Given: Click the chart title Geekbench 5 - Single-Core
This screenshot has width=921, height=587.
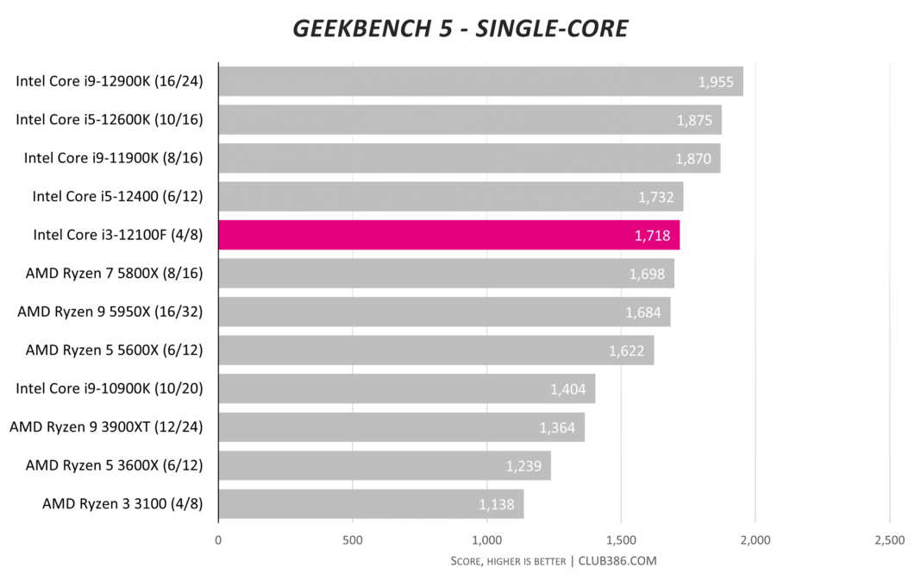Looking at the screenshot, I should click(460, 28).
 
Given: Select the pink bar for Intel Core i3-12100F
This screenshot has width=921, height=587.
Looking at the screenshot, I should click(448, 235).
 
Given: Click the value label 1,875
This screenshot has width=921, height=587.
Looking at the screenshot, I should click(694, 120).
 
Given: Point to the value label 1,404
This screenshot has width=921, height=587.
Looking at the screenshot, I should click(568, 389).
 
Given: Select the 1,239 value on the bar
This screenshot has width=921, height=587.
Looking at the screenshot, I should click(524, 466).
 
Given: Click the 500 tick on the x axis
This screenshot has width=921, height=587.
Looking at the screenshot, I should click(352, 540).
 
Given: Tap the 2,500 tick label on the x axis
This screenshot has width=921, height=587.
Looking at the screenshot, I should click(889, 540).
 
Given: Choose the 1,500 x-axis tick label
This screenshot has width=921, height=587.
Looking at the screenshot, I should click(621, 540).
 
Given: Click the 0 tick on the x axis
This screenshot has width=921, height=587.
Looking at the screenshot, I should click(218, 540).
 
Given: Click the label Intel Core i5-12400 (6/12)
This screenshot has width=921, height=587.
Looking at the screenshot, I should click(117, 196).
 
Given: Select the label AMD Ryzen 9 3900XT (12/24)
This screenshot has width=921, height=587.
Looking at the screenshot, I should click(106, 426).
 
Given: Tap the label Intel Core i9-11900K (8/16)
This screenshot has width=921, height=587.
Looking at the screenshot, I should click(113, 158).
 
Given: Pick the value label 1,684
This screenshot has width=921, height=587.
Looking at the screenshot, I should click(643, 312).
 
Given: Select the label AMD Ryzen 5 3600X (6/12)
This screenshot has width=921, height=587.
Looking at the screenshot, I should click(115, 465).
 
